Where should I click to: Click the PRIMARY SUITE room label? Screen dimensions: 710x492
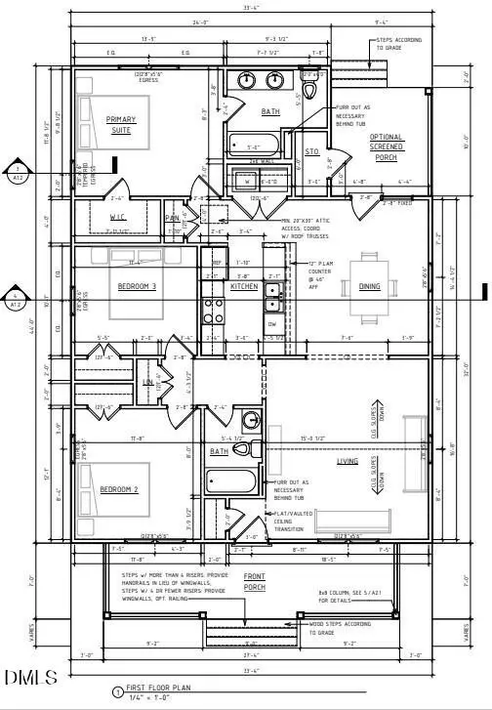pos(122,124)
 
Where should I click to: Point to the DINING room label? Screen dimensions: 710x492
pos(370,286)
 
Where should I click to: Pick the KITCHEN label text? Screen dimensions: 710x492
pos(244,286)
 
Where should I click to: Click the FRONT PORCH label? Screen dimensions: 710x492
pos(255,580)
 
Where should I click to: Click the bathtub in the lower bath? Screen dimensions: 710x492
pos(230,481)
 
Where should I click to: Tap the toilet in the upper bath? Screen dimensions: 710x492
pos(310,91)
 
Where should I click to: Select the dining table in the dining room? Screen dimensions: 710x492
pos(376,286)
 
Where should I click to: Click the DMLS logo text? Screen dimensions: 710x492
pos(31,678)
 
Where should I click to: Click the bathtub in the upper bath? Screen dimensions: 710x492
pos(253,148)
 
